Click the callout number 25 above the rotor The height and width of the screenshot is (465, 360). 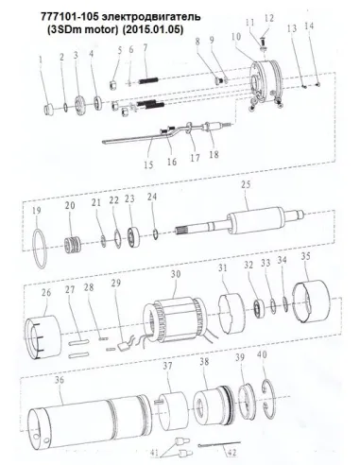246,184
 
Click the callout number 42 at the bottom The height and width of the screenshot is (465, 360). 231,453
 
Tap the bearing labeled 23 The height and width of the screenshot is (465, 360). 133,235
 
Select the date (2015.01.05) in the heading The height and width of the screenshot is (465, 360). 152,29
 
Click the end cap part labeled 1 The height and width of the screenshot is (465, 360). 48,111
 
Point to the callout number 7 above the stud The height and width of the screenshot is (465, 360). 146,47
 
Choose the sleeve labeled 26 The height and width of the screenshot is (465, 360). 43,336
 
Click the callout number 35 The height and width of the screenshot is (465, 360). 306,256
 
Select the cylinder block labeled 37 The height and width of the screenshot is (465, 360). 174,410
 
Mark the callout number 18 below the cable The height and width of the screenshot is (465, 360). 214,154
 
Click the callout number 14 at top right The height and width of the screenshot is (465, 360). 309,26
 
